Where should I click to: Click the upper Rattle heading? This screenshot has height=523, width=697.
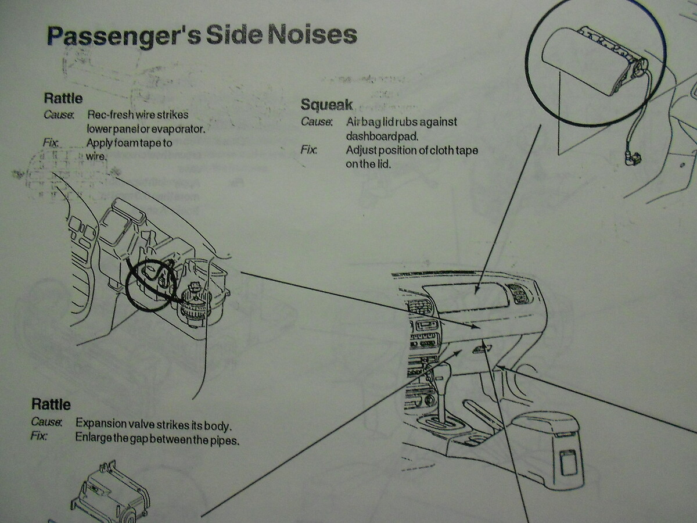tap(63, 98)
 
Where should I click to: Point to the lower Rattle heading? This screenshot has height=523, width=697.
tap(51, 404)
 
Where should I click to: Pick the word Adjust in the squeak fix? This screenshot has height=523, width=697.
tap(361, 151)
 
